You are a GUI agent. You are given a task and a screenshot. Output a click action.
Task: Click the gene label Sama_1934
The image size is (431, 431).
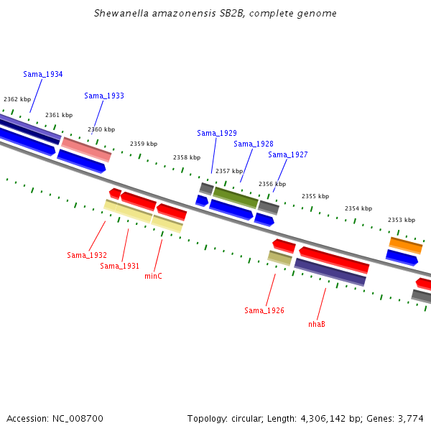click(43, 74)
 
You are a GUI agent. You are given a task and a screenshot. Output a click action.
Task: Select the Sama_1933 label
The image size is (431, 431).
click(104, 96)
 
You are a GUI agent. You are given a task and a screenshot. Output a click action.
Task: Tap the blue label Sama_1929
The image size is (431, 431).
click(217, 133)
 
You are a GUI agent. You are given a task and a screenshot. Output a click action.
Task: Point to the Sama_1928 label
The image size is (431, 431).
click(254, 144)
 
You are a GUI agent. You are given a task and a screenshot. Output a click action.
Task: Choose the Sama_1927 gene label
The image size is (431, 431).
click(288, 154)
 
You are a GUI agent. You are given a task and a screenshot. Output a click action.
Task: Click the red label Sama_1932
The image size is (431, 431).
click(87, 255)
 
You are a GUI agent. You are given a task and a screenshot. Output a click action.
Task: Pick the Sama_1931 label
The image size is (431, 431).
click(119, 266)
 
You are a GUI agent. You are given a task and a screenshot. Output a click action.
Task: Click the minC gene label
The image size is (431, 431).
click(153, 276)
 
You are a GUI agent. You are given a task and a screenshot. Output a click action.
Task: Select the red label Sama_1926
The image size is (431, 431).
click(264, 310)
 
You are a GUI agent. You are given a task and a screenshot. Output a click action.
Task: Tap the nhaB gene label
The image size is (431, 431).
click(317, 324)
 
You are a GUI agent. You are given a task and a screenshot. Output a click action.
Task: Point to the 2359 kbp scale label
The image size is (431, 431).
click(144, 144)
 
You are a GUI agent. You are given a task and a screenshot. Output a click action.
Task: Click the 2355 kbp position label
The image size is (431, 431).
click(315, 196)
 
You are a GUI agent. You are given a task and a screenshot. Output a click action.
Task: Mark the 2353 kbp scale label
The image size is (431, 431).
click(402, 220)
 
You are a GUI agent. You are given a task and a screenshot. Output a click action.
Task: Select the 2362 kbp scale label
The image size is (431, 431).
click(17, 99)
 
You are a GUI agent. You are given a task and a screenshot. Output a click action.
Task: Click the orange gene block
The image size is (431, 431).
click(406, 246)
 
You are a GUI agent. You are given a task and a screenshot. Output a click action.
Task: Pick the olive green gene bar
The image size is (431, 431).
click(236, 198)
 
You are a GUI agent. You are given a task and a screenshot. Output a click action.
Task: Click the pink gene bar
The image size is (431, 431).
click(86, 149)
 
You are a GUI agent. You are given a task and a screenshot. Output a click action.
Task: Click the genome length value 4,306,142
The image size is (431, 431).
click(323, 419)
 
